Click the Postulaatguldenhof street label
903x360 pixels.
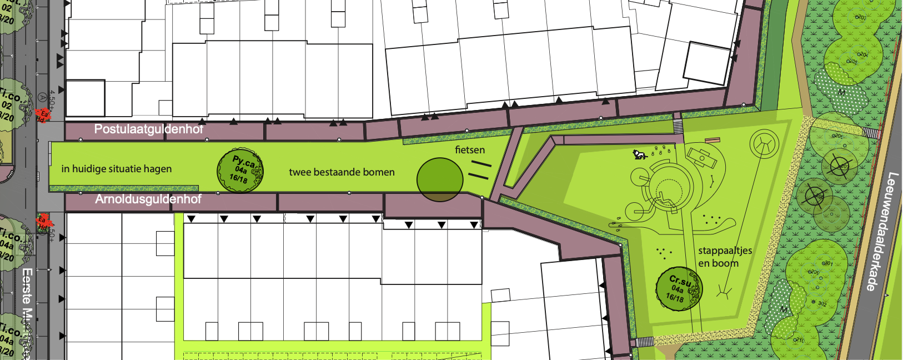[148, 129]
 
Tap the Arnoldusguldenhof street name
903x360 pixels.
[148, 199]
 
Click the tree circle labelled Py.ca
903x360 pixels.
[240, 171]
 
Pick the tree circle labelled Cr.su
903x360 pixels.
[679, 289]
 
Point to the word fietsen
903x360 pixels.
[470, 150]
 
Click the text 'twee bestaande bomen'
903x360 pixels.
[342, 172]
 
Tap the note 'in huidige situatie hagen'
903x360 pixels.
[117, 169]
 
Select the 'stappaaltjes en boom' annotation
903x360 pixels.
[725, 257]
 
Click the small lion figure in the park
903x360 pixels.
[640, 154]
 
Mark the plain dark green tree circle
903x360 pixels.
[440, 179]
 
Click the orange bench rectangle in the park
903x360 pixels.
[713, 140]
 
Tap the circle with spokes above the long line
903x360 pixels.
[765, 143]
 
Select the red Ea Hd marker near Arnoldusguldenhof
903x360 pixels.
[42, 223]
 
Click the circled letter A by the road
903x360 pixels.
[43, 98]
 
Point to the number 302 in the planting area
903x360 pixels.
[822, 304]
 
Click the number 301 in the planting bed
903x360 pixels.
[827, 263]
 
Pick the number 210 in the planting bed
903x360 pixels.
[799, 339]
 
